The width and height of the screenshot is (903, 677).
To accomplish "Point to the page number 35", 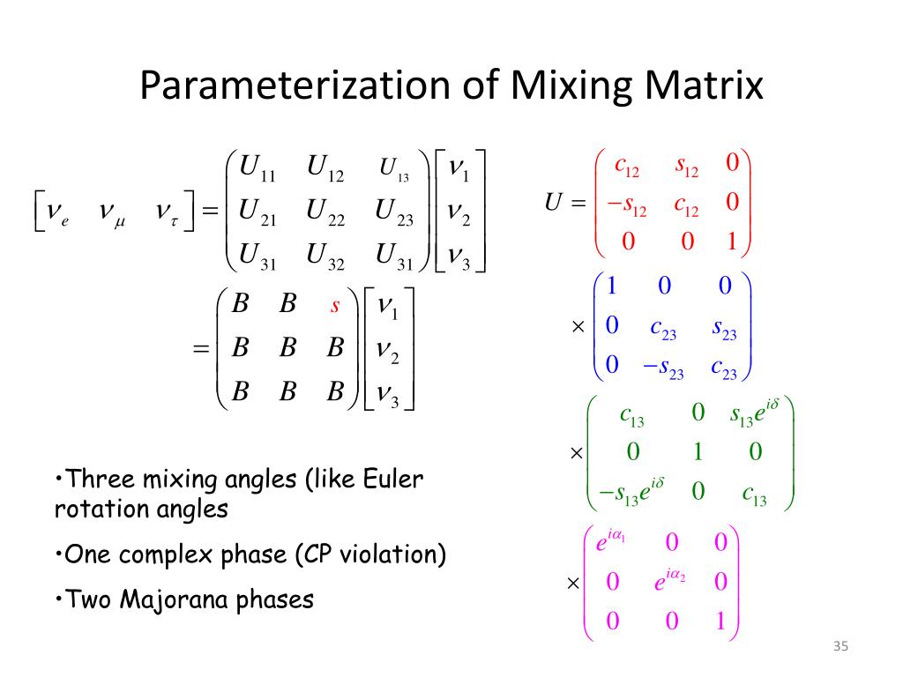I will (x=840, y=648).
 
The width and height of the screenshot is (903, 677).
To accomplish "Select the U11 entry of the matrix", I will (x=258, y=167).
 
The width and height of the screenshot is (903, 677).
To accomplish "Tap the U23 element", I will (x=393, y=213).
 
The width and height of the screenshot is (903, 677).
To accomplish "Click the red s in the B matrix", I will (x=335, y=306).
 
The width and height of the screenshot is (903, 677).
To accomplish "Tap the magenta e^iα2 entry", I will (x=669, y=581).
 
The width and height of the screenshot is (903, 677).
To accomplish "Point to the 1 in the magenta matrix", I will (x=720, y=621).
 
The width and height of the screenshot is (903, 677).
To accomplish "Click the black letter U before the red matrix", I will (x=554, y=204).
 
